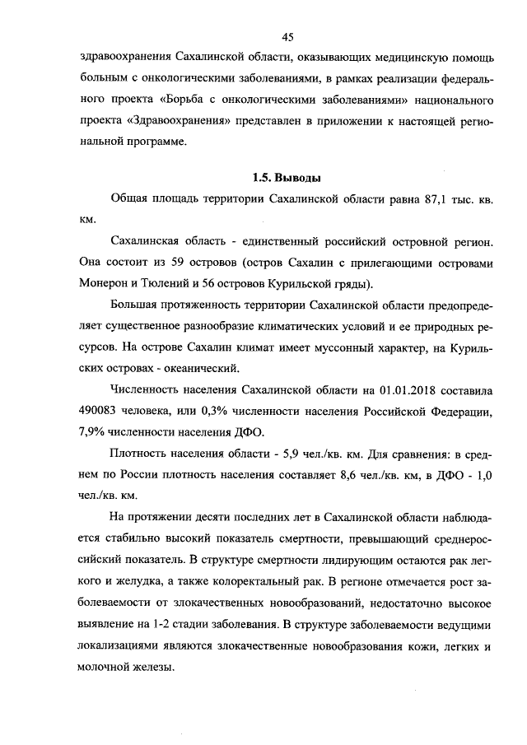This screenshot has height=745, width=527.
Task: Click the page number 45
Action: [x=287, y=36]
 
